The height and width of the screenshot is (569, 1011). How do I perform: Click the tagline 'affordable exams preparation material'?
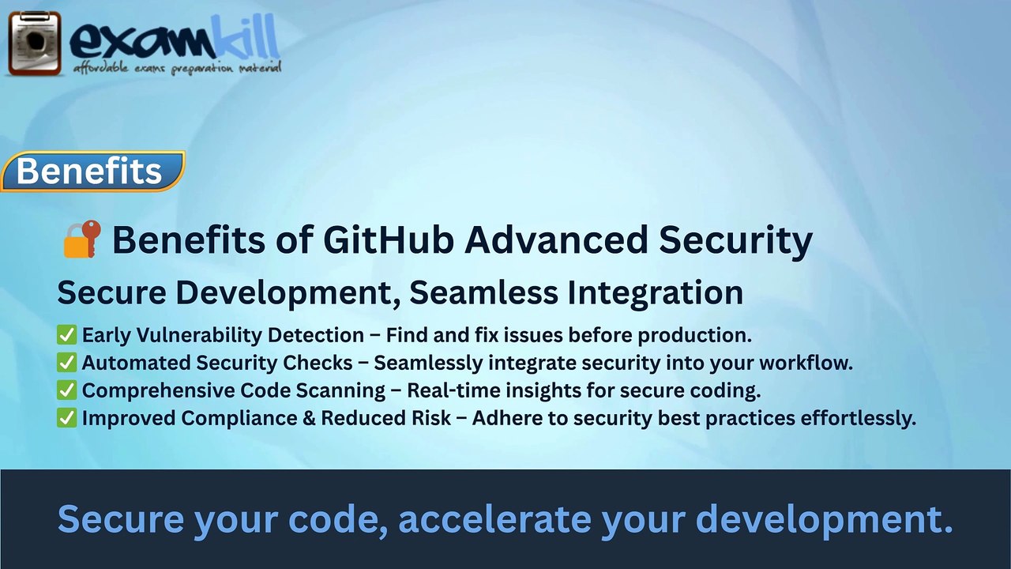pyautogui.click(x=177, y=69)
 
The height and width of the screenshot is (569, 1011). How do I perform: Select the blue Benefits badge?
pyautogui.click(x=91, y=171)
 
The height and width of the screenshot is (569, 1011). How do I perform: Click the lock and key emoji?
pyautogui.click(x=81, y=239)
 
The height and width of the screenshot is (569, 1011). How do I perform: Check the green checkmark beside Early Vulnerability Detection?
pyautogui.click(x=66, y=335)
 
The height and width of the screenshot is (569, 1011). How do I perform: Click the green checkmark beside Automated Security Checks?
pyautogui.click(x=66, y=363)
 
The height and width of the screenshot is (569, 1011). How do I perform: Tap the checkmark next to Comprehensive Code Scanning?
pyautogui.click(x=66, y=390)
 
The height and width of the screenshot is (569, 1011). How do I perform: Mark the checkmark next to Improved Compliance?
pyautogui.click(x=66, y=418)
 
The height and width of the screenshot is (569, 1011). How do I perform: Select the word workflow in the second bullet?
pyautogui.click(x=806, y=363)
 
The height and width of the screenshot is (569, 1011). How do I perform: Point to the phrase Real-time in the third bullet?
pyautogui.click(x=445, y=390)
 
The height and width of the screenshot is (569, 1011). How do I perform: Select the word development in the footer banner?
pyautogui.click(x=823, y=519)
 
